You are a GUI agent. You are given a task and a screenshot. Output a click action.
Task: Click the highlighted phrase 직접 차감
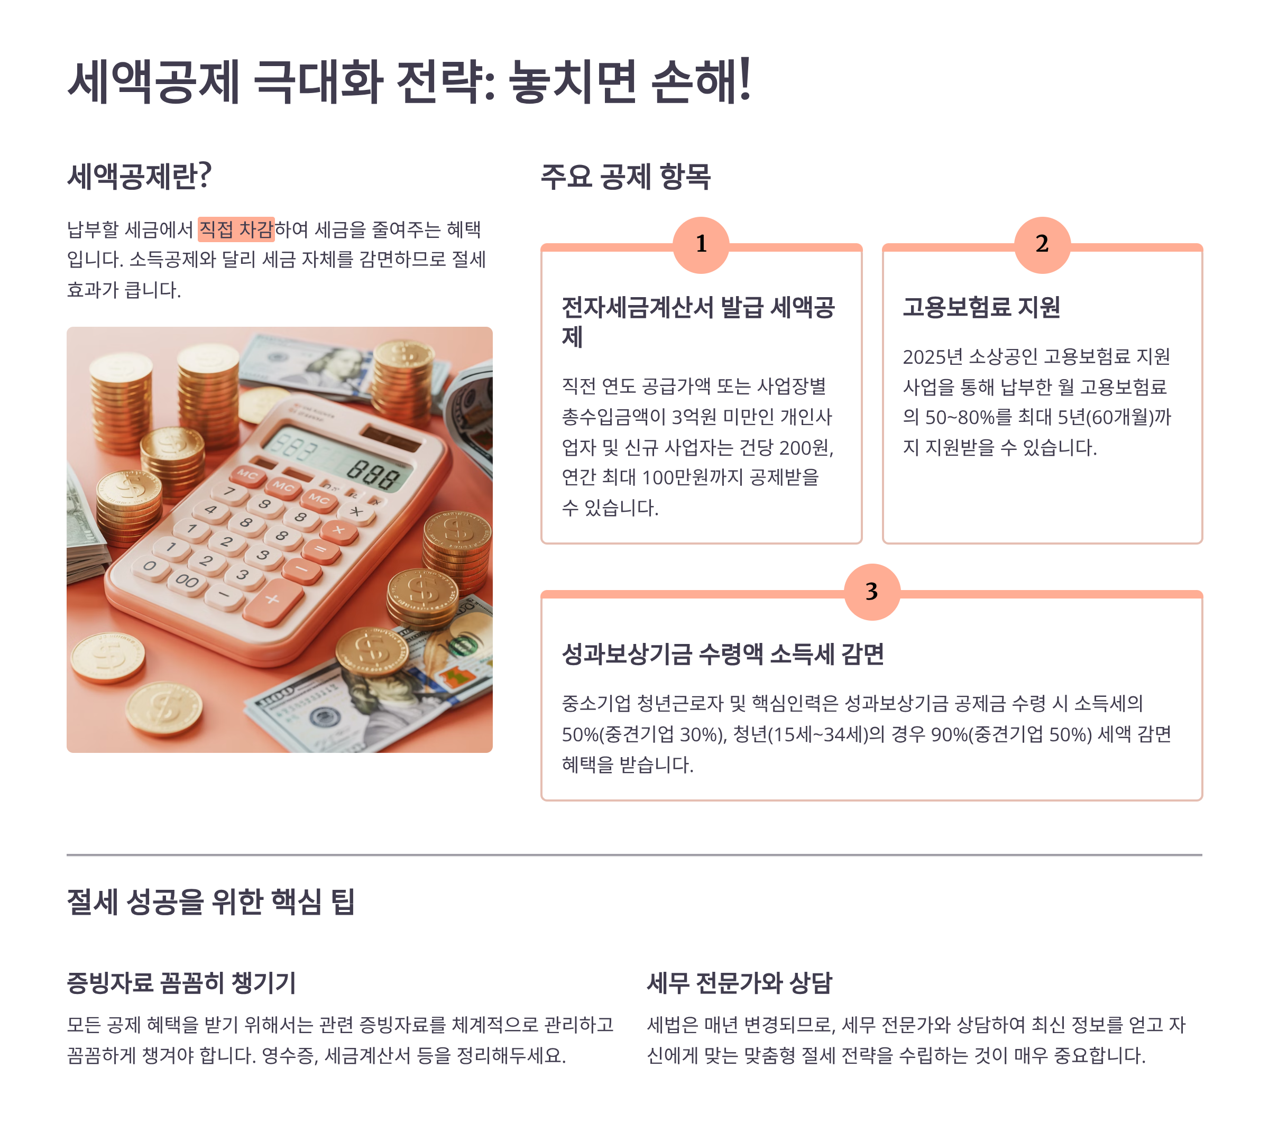pyautogui.click(x=236, y=229)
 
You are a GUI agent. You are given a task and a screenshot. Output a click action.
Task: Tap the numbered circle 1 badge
pyautogui.click(x=701, y=245)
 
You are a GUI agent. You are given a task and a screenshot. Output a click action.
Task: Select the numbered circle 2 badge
pyautogui.click(x=1042, y=245)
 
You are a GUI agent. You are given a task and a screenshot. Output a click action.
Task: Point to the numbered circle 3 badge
pyautogui.click(x=872, y=592)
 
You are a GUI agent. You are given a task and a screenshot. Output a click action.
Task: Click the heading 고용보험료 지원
pyautogui.click(x=981, y=307)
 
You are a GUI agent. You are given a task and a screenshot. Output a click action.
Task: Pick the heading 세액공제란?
pyautogui.click(x=139, y=176)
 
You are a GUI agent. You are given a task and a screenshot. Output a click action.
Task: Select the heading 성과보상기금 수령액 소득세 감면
pyautogui.click(x=723, y=653)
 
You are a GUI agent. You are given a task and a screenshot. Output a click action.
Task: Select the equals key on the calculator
pyautogui.click(x=320, y=549)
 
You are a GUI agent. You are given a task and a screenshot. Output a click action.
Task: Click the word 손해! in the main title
pyautogui.click(x=702, y=82)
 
